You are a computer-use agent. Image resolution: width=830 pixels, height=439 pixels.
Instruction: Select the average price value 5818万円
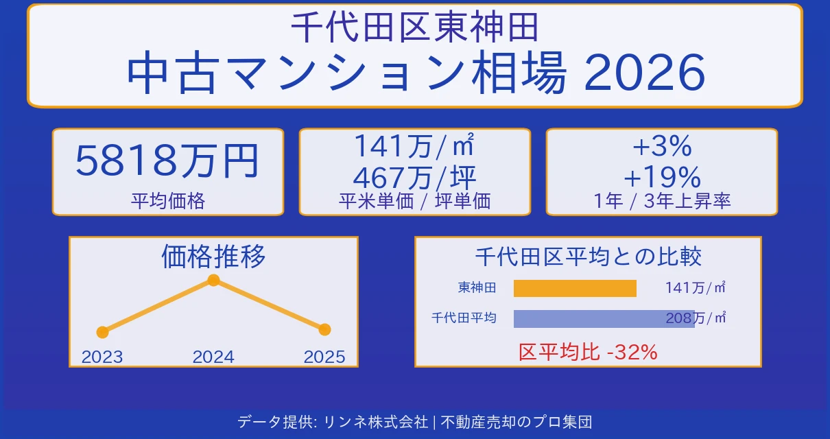[167, 162]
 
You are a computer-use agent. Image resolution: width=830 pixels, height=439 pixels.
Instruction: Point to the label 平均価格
[167, 201]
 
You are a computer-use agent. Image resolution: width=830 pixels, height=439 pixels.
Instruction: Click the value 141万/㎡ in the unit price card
[414, 146]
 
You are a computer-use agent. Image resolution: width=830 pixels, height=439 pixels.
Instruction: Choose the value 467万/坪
[414, 178]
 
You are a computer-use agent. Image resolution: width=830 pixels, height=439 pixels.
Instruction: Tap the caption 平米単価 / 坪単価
[414, 201]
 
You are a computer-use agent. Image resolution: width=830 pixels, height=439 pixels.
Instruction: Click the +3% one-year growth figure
[661, 146]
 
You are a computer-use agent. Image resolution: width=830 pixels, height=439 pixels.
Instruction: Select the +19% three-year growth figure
[661, 178]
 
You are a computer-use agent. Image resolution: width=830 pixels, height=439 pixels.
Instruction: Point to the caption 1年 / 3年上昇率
[661, 201]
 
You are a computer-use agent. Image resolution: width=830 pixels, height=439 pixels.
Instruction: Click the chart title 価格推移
[213, 257]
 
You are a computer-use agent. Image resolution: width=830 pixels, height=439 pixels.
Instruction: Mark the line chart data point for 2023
[102, 332]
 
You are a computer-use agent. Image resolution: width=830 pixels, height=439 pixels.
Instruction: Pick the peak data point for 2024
[213, 280]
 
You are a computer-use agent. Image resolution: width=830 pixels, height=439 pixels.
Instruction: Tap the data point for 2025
[324, 329]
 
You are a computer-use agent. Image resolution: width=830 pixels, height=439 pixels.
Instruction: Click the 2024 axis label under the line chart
[213, 357]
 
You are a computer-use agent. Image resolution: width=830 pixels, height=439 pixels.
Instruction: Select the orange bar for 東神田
[575, 288]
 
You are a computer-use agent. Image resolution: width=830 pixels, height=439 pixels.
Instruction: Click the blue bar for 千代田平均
[604, 318]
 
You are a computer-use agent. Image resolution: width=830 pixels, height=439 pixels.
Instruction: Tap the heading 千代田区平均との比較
[588, 257]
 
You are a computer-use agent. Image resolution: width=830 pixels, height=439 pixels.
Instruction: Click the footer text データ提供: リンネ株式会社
[333, 421]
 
